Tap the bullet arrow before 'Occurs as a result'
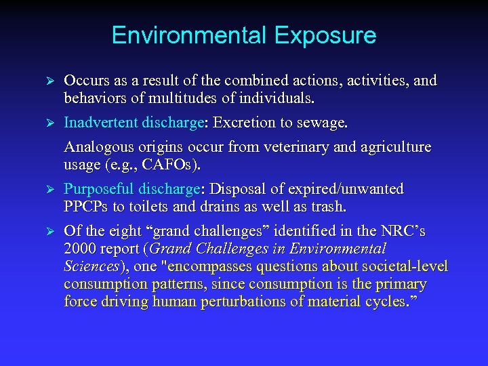(47, 82)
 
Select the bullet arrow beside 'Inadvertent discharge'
(47, 124)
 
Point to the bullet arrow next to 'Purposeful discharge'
(47, 190)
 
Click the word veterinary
(287, 147)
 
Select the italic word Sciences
(90, 266)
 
